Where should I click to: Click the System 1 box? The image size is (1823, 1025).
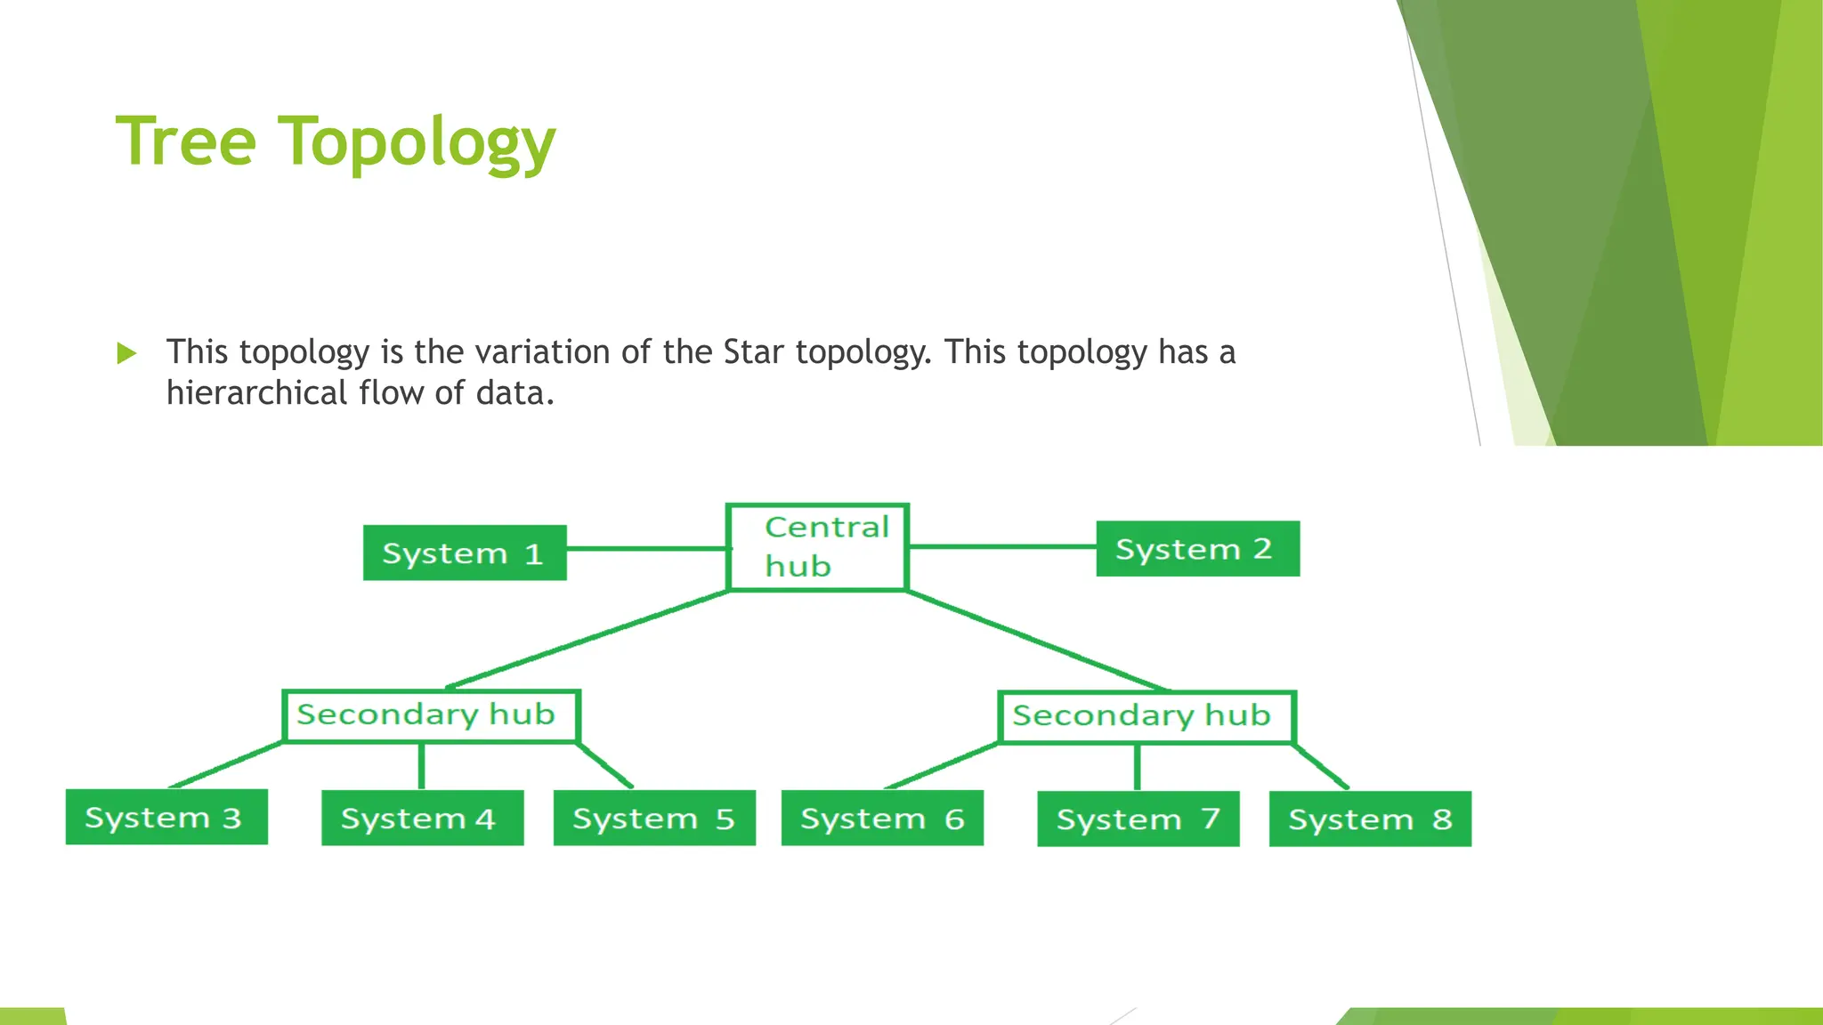pyautogui.click(x=465, y=553)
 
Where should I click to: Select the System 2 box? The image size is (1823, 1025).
pyautogui.click(x=1197, y=549)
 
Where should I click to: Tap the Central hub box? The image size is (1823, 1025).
pyautogui.click(x=817, y=547)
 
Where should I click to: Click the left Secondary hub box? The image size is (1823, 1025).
pyautogui.click(x=431, y=715)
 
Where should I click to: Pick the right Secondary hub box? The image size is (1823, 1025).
pyautogui.click(x=1146, y=716)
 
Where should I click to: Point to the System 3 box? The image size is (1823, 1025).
pyautogui.click(x=166, y=817)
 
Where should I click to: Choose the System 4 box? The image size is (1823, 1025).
pyautogui.click(x=422, y=818)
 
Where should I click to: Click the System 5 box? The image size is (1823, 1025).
pyautogui.click(x=654, y=818)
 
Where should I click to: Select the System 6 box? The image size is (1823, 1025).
pyautogui.click(x=882, y=818)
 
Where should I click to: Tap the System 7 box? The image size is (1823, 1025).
pyautogui.click(x=1138, y=819)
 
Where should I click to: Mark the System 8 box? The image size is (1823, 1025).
pyautogui.click(x=1370, y=819)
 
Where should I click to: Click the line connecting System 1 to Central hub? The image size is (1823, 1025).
pyautogui.click(x=646, y=549)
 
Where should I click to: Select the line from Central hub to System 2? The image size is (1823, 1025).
pyautogui.click(x=1001, y=546)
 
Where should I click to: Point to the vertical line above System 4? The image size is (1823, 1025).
pyautogui.click(x=421, y=765)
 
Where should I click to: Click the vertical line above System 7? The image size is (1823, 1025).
pyautogui.click(x=1137, y=767)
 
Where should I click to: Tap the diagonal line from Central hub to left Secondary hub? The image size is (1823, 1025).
pyautogui.click(x=587, y=639)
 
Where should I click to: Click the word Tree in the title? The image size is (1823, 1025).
pyautogui.click(x=186, y=141)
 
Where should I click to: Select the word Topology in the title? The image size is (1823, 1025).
pyautogui.click(x=417, y=144)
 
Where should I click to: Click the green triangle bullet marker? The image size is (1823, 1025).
pyautogui.click(x=126, y=353)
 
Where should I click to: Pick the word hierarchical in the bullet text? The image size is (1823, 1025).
pyautogui.click(x=256, y=393)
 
